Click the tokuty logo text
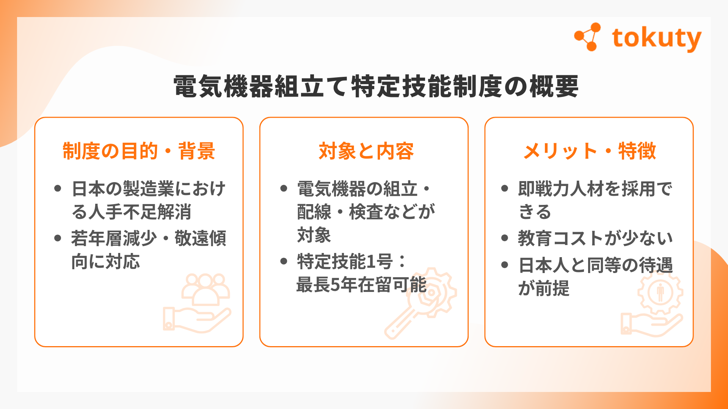point(656,39)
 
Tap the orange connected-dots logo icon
point(587,37)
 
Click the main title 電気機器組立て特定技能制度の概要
point(376,86)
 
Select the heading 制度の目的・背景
point(139,151)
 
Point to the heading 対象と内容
point(366,151)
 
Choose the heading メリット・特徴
point(590,151)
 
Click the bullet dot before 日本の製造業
point(58,188)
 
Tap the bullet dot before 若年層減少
point(58,238)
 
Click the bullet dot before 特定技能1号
point(284,261)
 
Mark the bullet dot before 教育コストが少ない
point(504,238)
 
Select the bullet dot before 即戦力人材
point(504,188)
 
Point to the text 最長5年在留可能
point(361,285)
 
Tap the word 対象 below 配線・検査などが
point(314,235)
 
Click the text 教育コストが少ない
point(595,238)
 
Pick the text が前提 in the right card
point(544,288)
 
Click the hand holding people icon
point(197,303)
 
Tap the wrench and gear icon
point(421,303)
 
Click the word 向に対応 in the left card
point(105,262)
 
